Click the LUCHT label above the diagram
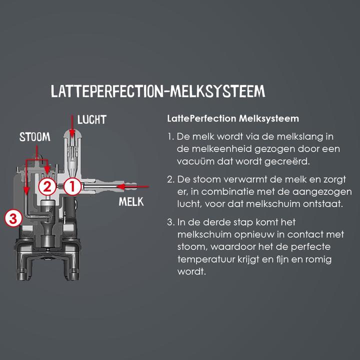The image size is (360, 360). coord(92,120)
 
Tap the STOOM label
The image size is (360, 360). coord(35,137)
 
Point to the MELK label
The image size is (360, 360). coord(131,202)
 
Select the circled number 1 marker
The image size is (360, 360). coord(72,186)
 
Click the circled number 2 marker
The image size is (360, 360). coord(47,187)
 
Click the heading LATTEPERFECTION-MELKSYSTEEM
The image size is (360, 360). coord(158,91)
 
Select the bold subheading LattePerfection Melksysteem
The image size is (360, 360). coord(233,119)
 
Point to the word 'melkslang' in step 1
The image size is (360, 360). coord(297,136)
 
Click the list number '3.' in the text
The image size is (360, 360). coord(171,222)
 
